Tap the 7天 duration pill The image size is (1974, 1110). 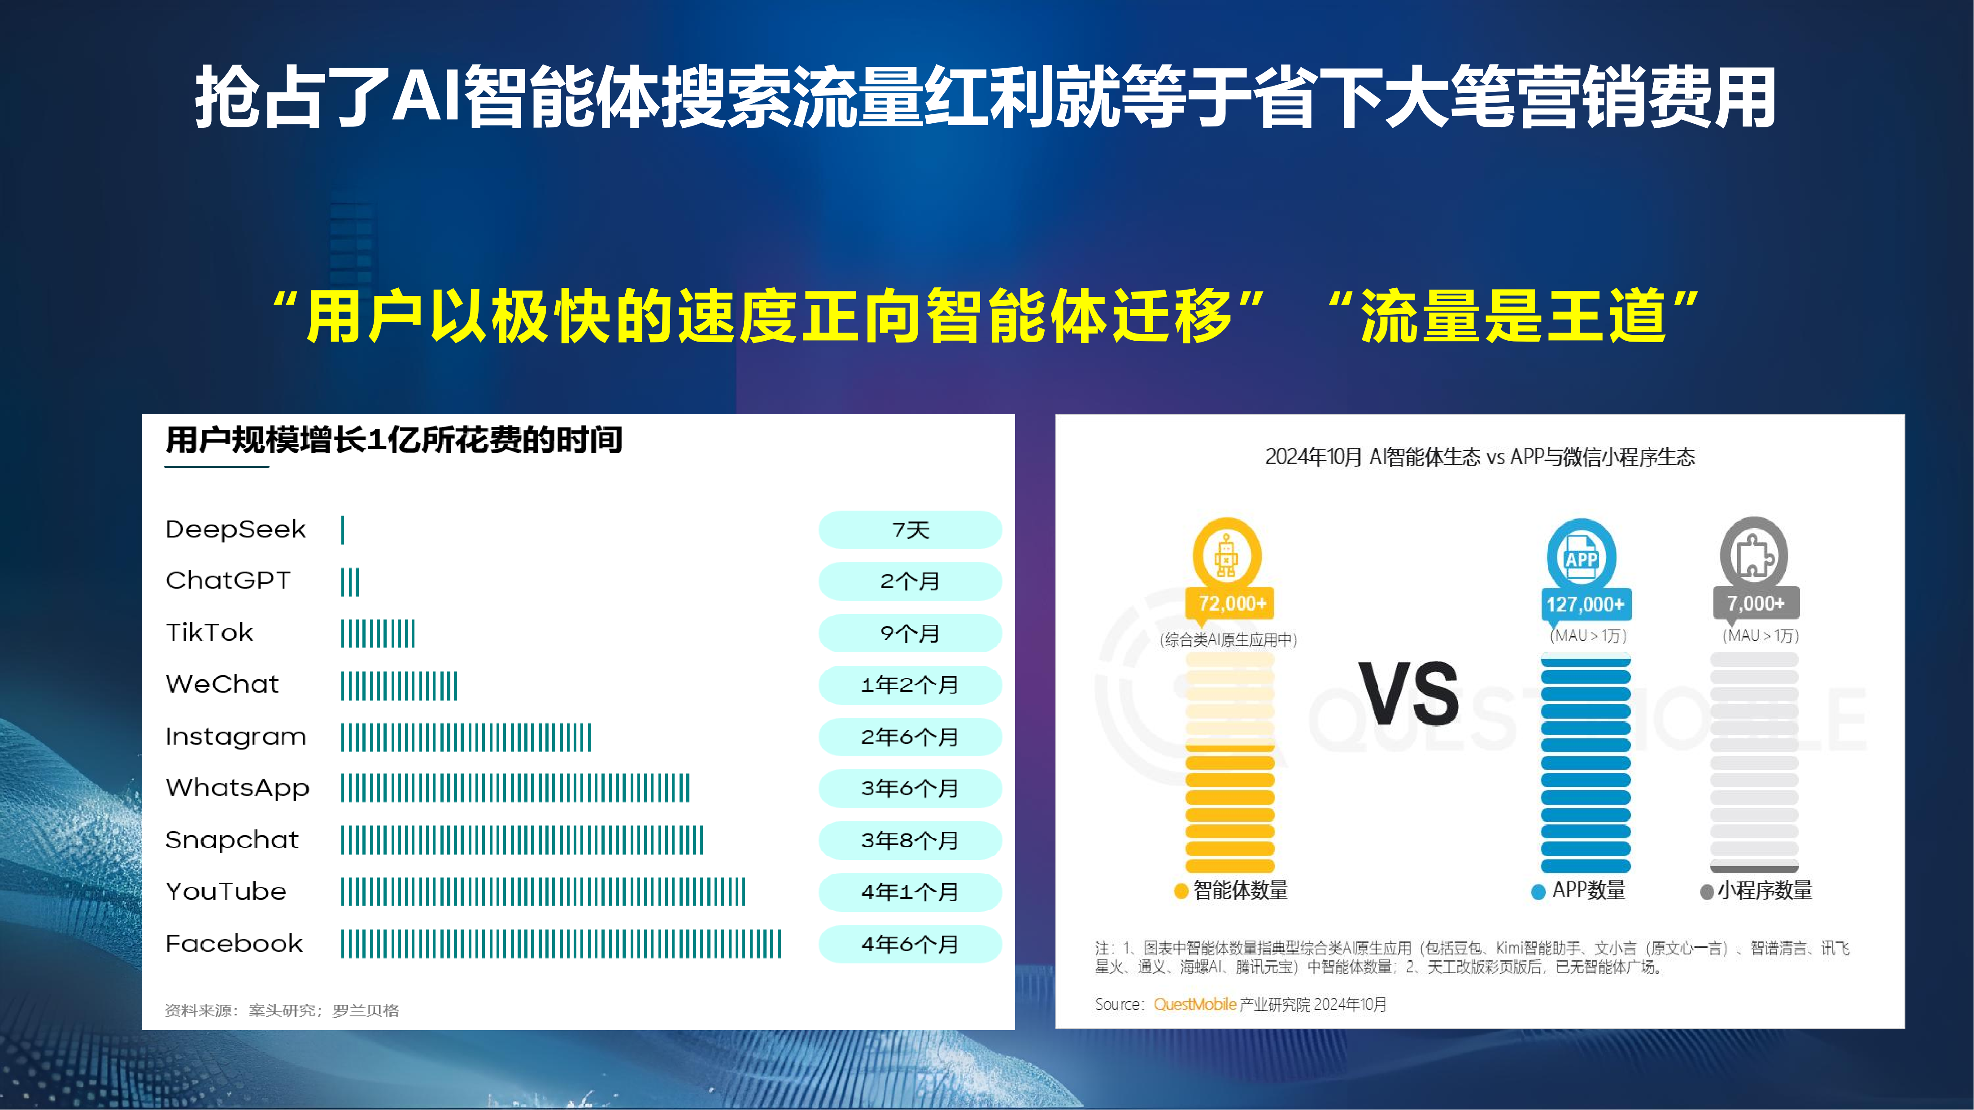(910, 529)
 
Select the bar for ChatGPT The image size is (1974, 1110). (349, 581)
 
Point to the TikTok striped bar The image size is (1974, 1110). (378, 633)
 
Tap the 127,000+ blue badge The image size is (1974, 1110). (1585, 604)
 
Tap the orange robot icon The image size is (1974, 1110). (1227, 555)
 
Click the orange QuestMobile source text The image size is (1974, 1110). (1194, 1004)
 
